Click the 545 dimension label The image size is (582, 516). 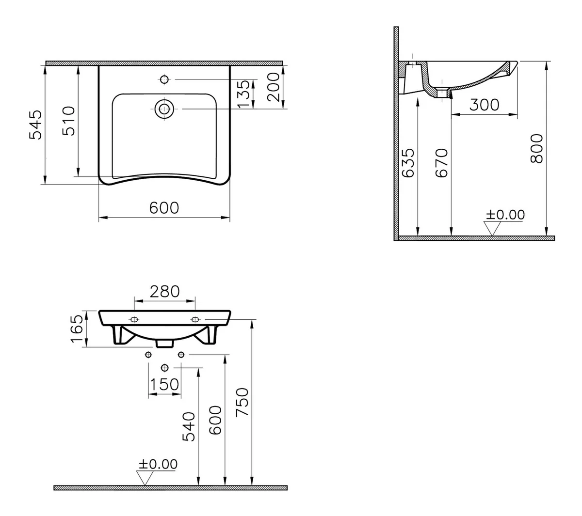tap(35, 125)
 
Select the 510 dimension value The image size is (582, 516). tap(69, 121)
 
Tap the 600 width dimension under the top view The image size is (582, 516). tap(164, 208)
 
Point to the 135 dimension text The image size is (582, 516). tap(244, 94)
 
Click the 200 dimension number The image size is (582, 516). tap(273, 87)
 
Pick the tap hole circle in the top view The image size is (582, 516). tap(164, 79)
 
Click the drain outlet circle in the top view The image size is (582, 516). tap(164, 109)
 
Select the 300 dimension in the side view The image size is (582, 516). tap(484, 105)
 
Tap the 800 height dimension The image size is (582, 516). tap(536, 149)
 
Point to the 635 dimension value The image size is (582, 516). tap(408, 163)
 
